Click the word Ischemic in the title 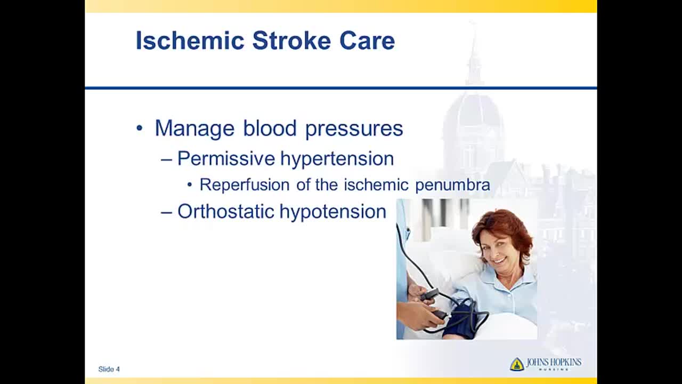tap(190, 40)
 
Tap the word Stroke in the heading tap(291, 40)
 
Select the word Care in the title tap(367, 40)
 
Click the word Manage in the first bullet tap(194, 129)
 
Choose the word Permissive tap(226, 158)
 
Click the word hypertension tap(337, 159)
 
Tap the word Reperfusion tap(245, 185)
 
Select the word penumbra tap(453, 185)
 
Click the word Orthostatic tap(225, 211)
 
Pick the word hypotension tap(333, 212)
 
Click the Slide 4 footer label tap(109, 369)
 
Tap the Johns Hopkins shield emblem tap(517, 364)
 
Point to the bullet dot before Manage tap(140, 129)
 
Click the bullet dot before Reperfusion tap(190, 185)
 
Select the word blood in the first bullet tap(270, 128)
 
